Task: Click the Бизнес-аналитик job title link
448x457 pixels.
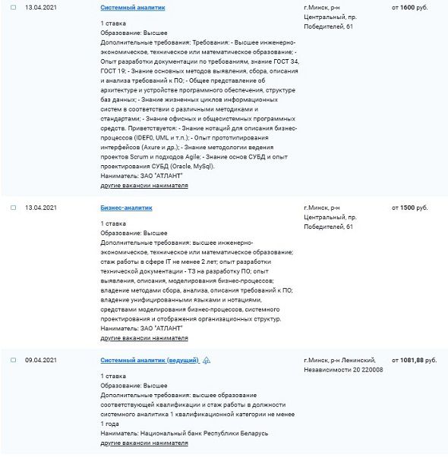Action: point(127,206)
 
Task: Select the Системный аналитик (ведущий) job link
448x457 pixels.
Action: point(150,359)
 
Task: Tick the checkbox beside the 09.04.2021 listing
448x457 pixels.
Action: point(13,360)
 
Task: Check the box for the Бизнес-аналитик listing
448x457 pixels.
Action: point(13,207)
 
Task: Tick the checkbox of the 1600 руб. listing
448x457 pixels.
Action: point(13,7)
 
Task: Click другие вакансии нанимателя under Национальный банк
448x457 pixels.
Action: point(144,442)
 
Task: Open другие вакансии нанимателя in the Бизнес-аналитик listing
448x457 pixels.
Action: point(144,338)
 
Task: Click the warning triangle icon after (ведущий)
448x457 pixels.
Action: point(207,359)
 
